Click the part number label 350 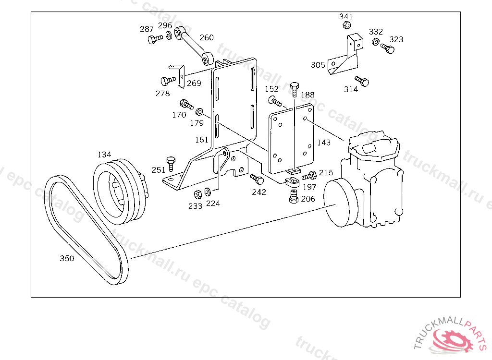pyautogui.click(x=67, y=258)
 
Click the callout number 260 pyautogui.click(x=207, y=37)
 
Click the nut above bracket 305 pyautogui.click(x=348, y=25)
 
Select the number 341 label pyautogui.click(x=346, y=16)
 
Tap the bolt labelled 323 pyautogui.click(x=388, y=48)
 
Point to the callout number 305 pyautogui.click(x=318, y=65)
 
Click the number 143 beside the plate pyautogui.click(x=324, y=143)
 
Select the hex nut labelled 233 pyautogui.click(x=197, y=194)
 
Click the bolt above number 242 pyautogui.click(x=258, y=180)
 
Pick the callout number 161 pyautogui.click(x=202, y=140)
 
